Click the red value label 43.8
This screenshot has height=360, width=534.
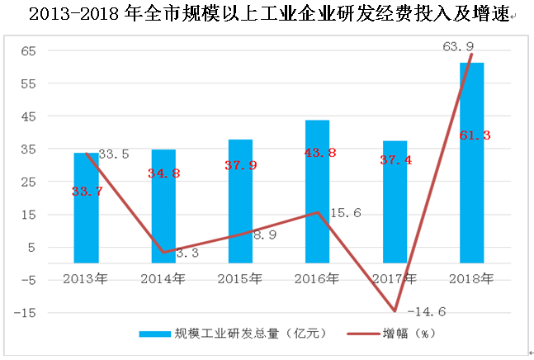click(x=318, y=153)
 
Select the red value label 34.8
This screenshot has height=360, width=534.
click(x=163, y=173)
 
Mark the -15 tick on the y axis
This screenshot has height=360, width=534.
click(x=26, y=313)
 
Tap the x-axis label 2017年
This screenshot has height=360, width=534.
click(x=395, y=278)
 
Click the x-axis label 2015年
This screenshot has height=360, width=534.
click(x=240, y=278)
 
